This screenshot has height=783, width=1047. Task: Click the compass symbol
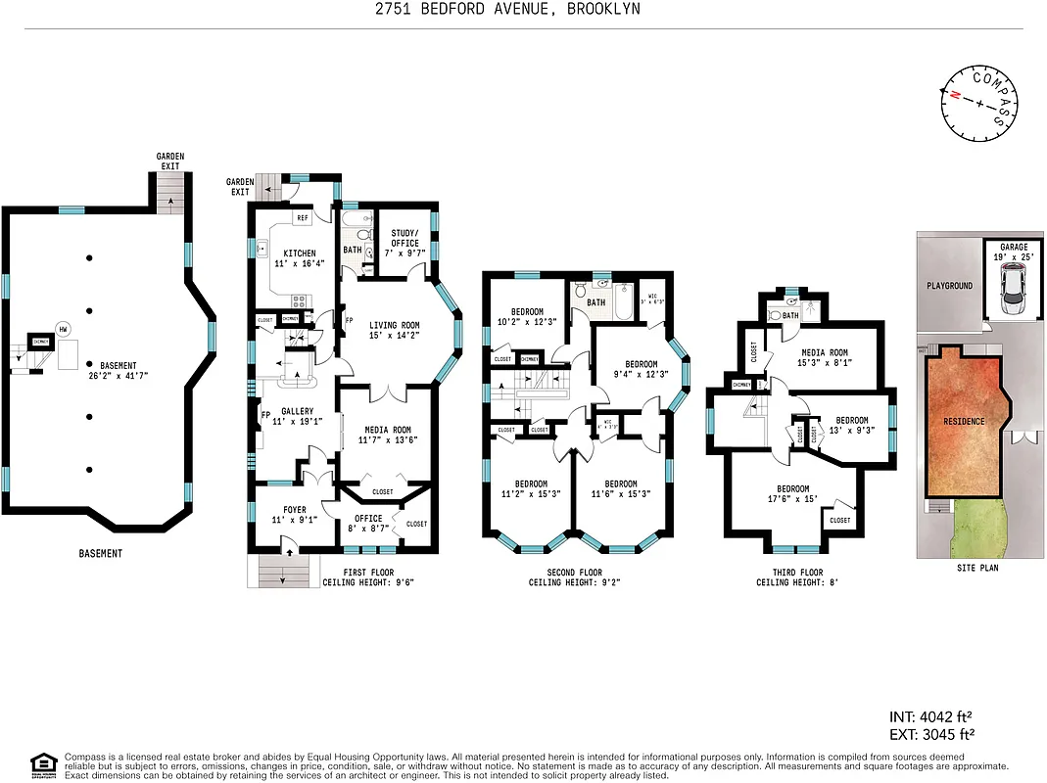coord(979,101)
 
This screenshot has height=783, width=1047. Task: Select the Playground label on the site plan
coord(949,286)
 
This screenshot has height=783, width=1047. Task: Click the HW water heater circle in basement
coord(64,329)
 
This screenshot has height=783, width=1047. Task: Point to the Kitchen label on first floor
coord(293,253)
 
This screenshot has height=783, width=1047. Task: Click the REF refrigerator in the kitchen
coord(303,218)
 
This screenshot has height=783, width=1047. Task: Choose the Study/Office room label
coord(405,237)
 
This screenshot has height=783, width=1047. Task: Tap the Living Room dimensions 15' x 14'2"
coord(394,337)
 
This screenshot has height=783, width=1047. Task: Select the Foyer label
coord(295,510)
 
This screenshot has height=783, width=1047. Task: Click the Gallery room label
coord(297,412)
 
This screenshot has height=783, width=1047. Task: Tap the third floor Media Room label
coord(824,353)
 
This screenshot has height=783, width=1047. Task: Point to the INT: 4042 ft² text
coord(930,715)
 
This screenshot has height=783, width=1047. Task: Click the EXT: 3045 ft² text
coord(930,733)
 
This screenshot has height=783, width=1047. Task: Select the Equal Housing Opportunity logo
coord(44,764)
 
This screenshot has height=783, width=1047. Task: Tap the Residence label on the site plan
coord(964,421)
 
